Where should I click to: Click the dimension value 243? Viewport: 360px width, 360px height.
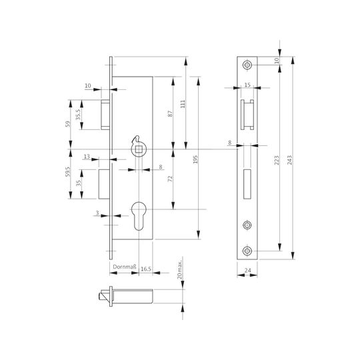pos(290,160)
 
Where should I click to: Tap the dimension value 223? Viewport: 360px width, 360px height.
pos(277,160)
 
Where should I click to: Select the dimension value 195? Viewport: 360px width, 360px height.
pos(195,159)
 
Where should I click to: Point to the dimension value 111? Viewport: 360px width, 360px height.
pos(183,104)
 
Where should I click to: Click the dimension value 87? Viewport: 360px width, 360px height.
pos(170,113)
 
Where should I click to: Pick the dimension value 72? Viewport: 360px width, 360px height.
pos(170,179)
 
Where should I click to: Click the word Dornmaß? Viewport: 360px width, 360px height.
pos(125,267)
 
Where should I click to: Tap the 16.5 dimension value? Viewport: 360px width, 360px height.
pos(146,269)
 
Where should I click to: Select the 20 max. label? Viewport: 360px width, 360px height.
pos(179,269)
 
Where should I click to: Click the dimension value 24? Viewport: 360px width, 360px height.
pos(247,271)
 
